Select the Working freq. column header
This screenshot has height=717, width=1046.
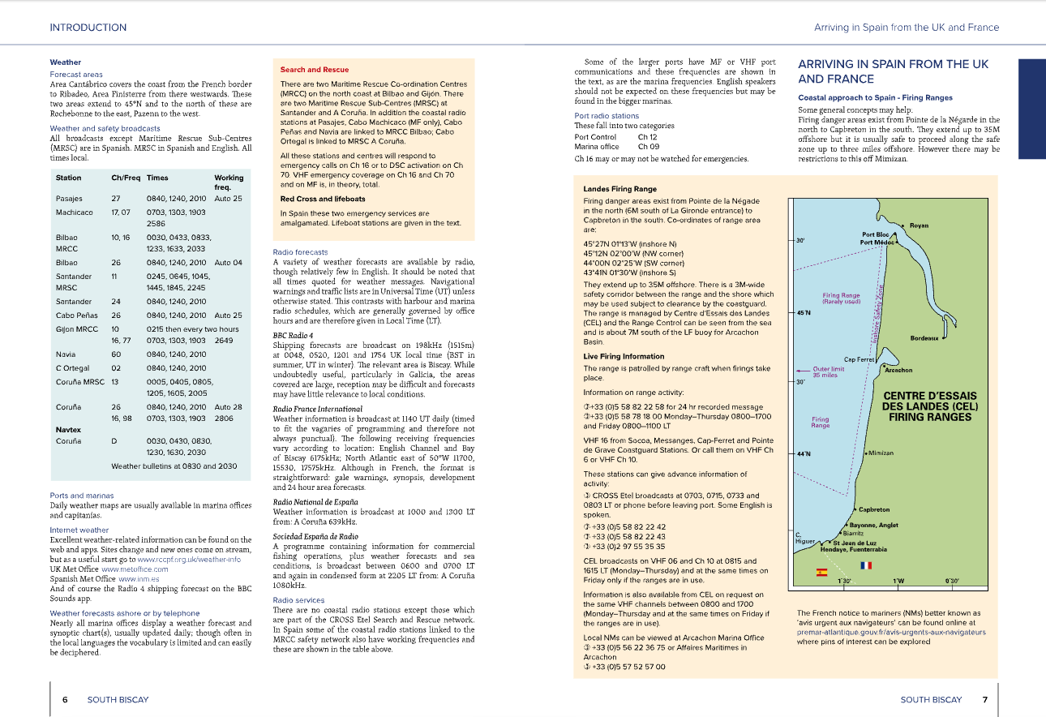(x=228, y=182)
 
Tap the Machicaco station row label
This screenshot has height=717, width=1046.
(x=75, y=213)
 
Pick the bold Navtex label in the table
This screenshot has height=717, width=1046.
(x=68, y=430)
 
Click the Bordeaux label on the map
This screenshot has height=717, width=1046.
(x=924, y=338)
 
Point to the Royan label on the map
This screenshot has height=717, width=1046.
(x=919, y=225)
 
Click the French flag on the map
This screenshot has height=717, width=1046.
(x=865, y=565)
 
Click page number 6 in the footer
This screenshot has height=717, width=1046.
(x=65, y=699)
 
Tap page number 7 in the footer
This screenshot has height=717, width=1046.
(x=984, y=699)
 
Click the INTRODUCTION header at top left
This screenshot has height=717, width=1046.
(x=88, y=28)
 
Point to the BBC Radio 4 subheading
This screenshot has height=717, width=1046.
(x=292, y=334)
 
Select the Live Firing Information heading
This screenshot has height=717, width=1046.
(x=624, y=356)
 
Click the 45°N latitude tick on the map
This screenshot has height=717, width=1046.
(x=804, y=312)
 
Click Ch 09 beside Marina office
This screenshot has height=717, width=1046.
(x=648, y=147)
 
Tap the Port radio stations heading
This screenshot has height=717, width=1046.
(x=607, y=116)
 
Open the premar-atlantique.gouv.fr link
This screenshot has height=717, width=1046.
(x=891, y=631)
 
